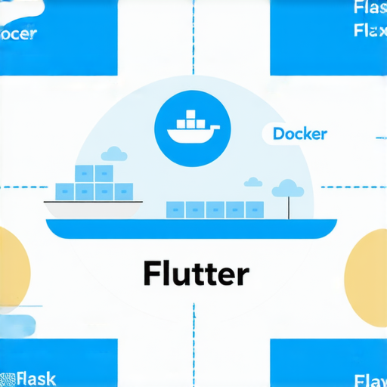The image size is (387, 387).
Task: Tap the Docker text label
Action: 300,134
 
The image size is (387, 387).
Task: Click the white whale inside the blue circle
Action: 190,129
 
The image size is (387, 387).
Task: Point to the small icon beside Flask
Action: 8,378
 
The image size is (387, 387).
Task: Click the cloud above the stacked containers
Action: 113,153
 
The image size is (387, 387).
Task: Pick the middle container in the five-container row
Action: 215,209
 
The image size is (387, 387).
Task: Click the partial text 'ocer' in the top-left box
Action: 18,35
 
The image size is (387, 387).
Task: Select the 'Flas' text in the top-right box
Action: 370,9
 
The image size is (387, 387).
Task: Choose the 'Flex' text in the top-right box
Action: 370,32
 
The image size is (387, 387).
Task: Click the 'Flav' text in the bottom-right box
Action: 370,378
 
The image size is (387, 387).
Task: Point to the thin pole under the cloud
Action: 287,207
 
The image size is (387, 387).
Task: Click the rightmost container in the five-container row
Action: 255,209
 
